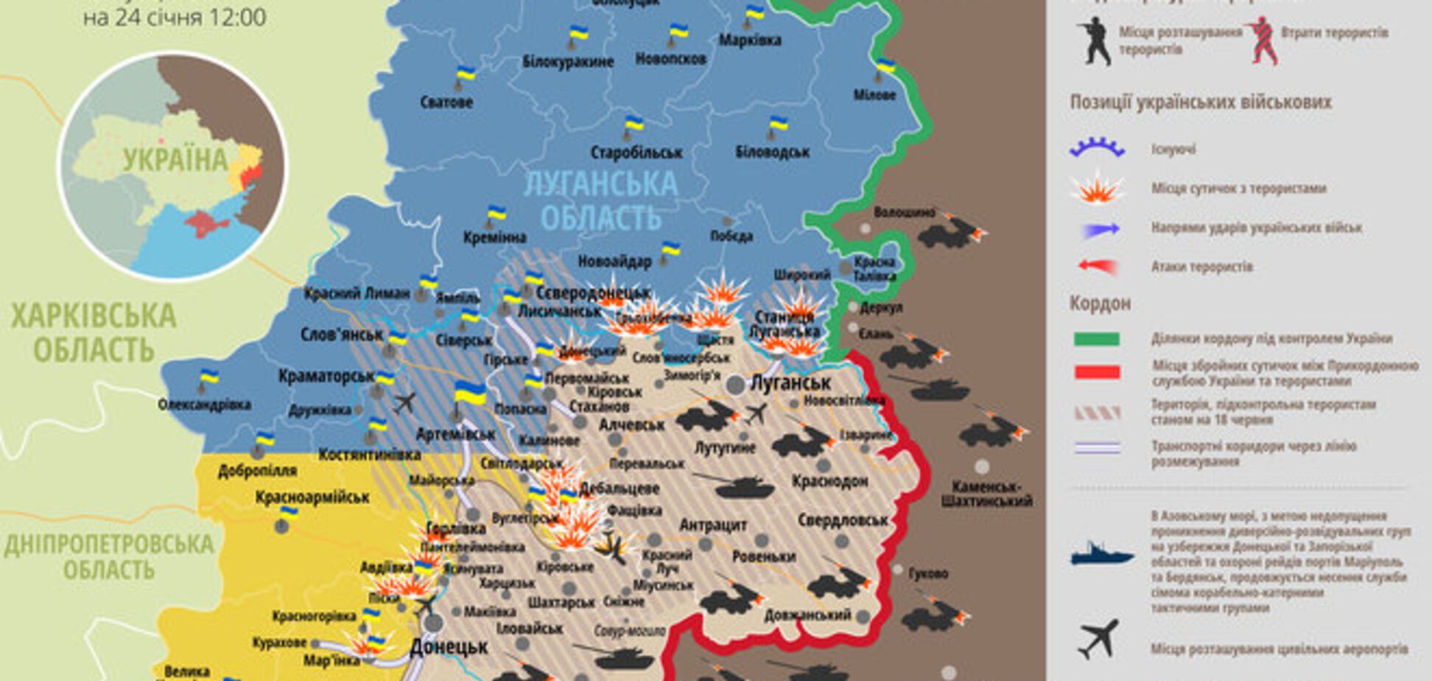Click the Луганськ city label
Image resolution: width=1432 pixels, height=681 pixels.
[x=790, y=383]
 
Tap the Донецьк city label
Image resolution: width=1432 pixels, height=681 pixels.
[x=449, y=648]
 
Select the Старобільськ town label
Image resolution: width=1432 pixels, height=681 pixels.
[x=636, y=153]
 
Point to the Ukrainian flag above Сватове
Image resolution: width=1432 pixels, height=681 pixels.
[x=465, y=74]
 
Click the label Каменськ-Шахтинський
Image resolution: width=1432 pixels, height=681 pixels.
[x=986, y=494]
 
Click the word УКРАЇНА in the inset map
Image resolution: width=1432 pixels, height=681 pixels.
[x=175, y=160]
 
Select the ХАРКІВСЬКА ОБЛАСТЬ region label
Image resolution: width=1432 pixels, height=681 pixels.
[x=94, y=332]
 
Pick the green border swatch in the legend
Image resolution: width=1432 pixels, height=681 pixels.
[x=1097, y=339]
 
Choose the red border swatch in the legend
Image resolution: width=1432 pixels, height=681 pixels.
[x=1097, y=373]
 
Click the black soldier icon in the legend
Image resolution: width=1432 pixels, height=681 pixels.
[x=1094, y=41]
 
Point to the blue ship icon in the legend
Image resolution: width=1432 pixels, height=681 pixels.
[x=1101, y=554]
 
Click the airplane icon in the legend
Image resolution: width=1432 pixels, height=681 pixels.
[x=1098, y=640]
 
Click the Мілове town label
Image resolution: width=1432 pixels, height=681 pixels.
[x=874, y=95]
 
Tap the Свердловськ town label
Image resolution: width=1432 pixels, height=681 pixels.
[x=843, y=520]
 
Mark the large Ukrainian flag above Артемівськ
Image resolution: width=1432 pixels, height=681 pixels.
[x=470, y=393]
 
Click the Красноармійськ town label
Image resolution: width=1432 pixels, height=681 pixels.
[x=312, y=497]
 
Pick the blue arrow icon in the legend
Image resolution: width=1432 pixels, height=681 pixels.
[x=1099, y=229]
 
